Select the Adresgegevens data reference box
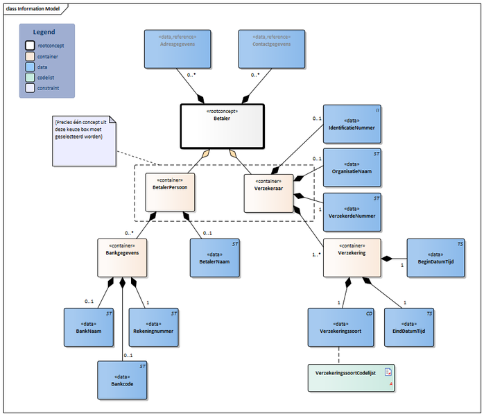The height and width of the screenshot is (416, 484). pyautogui.click(x=171, y=49)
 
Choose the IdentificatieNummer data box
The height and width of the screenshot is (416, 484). pyautogui.click(x=352, y=125)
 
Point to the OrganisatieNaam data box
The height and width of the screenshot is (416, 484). pyautogui.click(x=352, y=168)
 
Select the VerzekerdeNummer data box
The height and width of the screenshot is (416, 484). pyautogui.click(x=352, y=211)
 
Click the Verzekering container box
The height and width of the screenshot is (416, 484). pyautogui.click(x=352, y=257)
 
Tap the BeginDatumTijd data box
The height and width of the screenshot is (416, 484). pyautogui.click(x=436, y=257)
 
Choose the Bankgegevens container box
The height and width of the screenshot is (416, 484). pyautogui.click(x=122, y=258)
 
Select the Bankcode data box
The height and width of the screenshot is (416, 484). pyautogui.click(x=122, y=380)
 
